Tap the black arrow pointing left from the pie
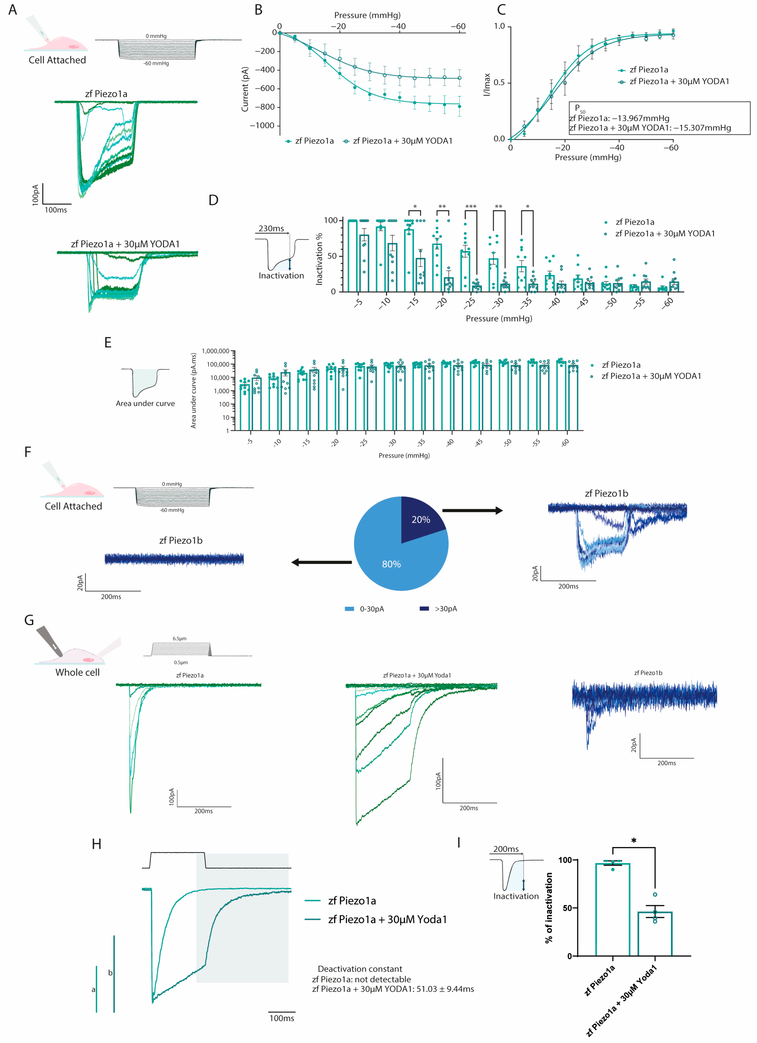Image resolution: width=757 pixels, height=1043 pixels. point(321,562)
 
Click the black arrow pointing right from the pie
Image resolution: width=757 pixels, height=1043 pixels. point(472,510)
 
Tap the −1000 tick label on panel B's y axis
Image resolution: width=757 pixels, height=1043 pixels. point(262,126)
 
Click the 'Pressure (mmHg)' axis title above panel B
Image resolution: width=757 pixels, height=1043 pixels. point(367,15)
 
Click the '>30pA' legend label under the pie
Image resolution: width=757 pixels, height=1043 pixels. point(445,609)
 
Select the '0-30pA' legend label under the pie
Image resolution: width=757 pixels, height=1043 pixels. point(371,609)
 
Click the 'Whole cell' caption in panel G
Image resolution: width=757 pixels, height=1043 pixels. point(77,672)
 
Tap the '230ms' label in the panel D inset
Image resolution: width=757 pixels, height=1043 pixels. point(271,229)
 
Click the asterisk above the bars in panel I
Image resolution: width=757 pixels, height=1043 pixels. point(634,841)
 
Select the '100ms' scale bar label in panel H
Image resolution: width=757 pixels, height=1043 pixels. point(282,1018)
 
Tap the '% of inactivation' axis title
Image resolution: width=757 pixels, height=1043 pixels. point(549,908)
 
